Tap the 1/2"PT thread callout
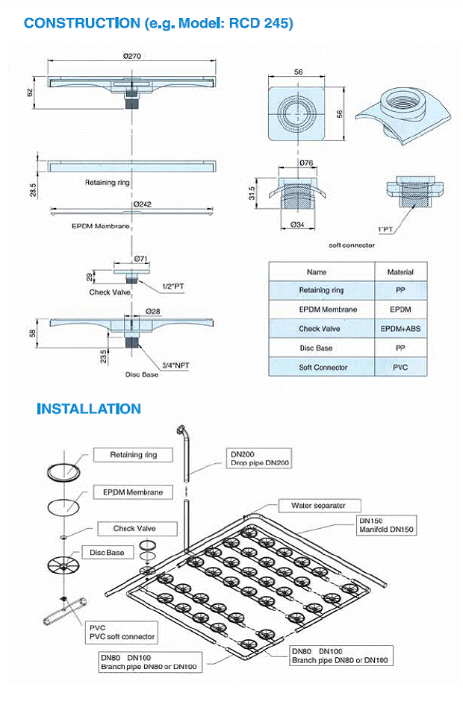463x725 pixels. point(173,286)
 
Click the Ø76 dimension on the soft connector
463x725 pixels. point(305,162)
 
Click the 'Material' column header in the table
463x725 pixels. point(400,272)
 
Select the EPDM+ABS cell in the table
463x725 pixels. point(400,328)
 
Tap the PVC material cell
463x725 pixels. point(400,367)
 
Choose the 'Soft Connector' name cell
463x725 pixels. point(323,367)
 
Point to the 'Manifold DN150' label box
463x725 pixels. point(387,525)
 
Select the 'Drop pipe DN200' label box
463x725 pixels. point(260,458)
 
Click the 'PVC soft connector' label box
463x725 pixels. point(121,633)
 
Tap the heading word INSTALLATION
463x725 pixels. point(89,409)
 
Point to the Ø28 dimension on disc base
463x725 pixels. point(152,311)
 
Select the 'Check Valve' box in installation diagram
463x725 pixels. point(134,529)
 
